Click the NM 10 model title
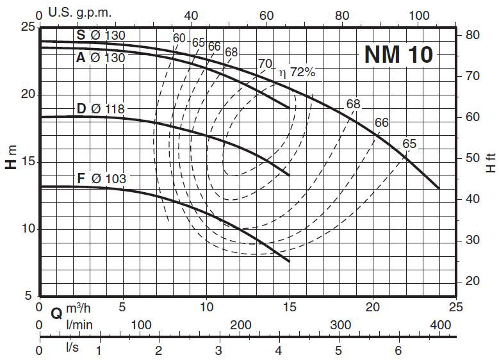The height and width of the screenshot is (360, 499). pos(398,54)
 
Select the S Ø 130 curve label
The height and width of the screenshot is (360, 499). pos(101,36)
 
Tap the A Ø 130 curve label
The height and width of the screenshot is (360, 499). pos(101,58)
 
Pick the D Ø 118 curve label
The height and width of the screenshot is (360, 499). pos(101,109)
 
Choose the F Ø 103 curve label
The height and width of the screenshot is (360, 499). pos(101,179)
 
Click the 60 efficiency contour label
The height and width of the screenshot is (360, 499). pos(179,38)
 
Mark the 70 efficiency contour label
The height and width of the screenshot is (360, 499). pos(265,63)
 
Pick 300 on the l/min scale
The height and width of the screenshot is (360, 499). pos(340,325)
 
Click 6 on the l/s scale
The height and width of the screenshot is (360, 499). pos(398,350)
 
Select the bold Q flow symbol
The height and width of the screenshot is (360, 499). pos(56,313)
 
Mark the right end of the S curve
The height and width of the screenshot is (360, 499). pos(439,188)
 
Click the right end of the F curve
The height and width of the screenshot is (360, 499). pos(289,261)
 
